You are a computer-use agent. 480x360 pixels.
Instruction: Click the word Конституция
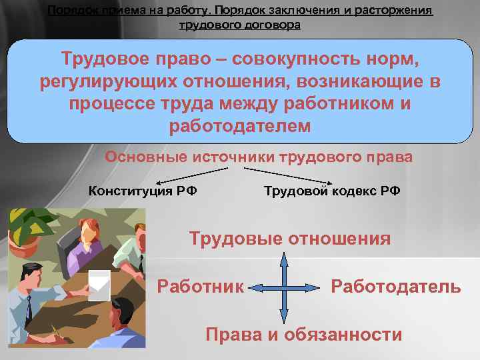pos(123,191)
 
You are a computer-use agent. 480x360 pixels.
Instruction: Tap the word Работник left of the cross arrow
pos(201,287)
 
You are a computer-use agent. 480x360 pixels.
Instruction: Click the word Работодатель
pos(396,287)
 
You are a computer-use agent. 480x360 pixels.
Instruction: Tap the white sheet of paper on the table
pos(99,282)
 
